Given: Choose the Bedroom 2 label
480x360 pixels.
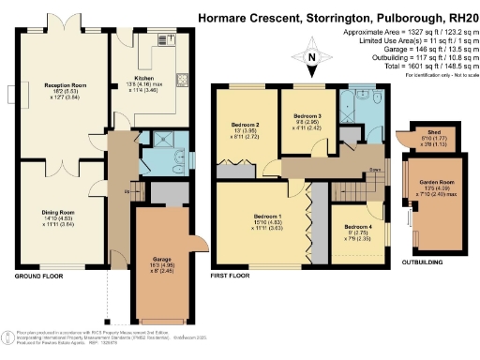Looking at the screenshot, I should point(245,123).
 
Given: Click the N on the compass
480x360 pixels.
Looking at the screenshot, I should point(311,56).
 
